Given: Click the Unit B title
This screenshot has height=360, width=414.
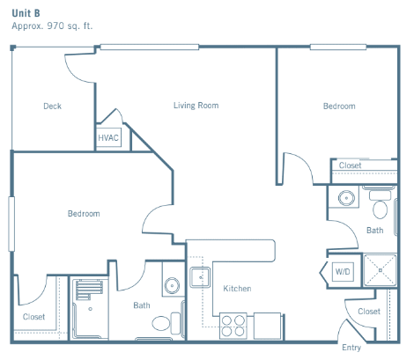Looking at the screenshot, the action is pyautogui.click(x=26, y=13).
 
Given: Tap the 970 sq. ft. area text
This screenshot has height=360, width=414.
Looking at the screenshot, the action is pyautogui.click(x=70, y=26).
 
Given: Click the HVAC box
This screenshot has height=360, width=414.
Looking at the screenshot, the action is pyautogui.click(x=108, y=137).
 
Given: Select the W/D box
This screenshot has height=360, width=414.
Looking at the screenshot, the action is pyautogui.click(x=343, y=271).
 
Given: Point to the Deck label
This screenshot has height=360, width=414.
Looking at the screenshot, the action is pyautogui.click(x=52, y=106).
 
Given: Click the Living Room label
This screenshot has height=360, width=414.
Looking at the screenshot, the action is pyautogui.click(x=196, y=106).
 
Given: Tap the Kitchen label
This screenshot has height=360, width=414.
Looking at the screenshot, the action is pyautogui.click(x=237, y=289).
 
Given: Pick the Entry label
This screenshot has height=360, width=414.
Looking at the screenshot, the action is pyautogui.click(x=351, y=348).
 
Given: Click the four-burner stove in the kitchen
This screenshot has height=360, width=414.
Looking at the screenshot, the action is pyautogui.click(x=233, y=326).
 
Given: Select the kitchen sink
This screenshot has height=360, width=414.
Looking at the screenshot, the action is pyautogui.click(x=200, y=277).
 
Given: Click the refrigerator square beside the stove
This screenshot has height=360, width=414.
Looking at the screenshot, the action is pyautogui.click(x=267, y=326).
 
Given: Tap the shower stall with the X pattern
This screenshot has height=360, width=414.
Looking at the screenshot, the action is pyautogui.click(x=380, y=270).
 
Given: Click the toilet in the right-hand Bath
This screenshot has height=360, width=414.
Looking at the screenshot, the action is pyautogui.click(x=381, y=205).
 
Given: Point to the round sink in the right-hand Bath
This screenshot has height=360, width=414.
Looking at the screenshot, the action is pyautogui.click(x=346, y=198).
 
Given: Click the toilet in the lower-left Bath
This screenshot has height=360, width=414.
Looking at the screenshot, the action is pyautogui.click(x=166, y=323).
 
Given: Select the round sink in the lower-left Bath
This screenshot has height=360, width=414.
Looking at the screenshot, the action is pyautogui.click(x=172, y=285).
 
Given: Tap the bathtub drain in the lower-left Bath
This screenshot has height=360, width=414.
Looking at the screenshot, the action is pyautogui.click(x=90, y=309).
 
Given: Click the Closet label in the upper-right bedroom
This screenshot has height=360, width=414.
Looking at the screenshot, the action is pyautogui.click(x=350, y=165).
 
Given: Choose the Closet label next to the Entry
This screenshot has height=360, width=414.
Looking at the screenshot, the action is pyautogui.click(x=369, y=311).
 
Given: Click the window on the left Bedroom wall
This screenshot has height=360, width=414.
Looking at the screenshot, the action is pyautogui.click(x=11, y=224).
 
